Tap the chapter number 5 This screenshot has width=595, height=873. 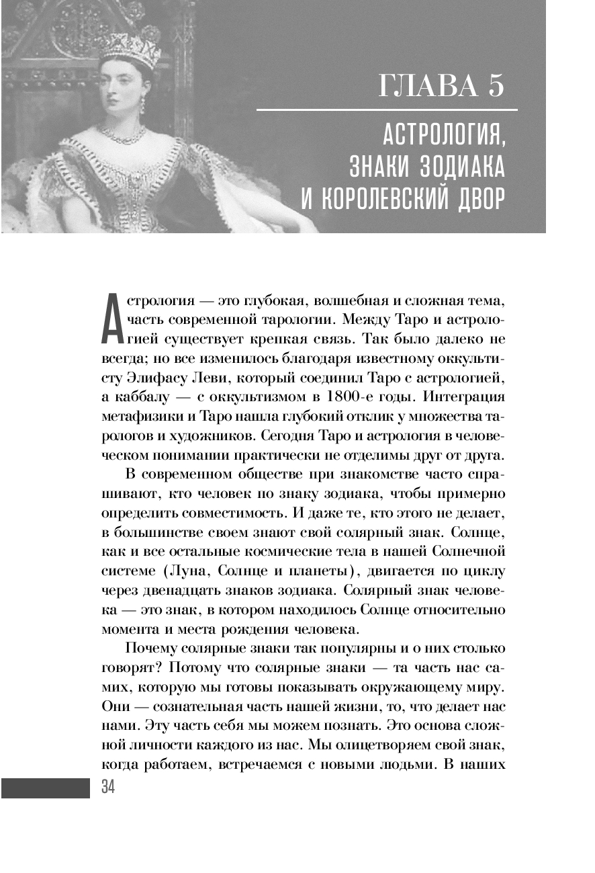click(495, 87)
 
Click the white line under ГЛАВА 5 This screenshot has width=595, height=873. click(387, 110)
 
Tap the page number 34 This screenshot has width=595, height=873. click(107, 788)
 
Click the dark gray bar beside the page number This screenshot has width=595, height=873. click(45, 788)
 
